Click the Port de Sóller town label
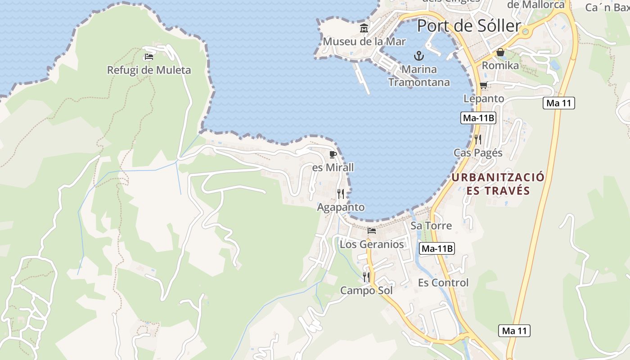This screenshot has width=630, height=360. coord(468,26)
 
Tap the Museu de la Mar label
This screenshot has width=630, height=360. coord(364,42)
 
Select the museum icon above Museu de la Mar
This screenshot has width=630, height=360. coord(364,29)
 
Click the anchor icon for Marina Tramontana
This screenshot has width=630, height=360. coord(419,56)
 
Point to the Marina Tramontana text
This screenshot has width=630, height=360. coord(419,76)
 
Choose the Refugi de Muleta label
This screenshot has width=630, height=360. coord(149,70)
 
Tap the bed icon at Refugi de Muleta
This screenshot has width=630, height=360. coord(149,57)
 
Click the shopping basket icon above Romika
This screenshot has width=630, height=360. coord(500,53)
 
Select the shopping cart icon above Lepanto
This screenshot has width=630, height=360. coord(484,85)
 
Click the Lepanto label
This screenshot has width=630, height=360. coord(484,99)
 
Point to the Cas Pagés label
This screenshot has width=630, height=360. coord(478,153)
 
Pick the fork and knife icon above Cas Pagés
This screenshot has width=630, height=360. coord(478,139)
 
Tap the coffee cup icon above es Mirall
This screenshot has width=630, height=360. coord(333,155)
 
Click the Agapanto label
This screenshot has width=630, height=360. coord(341,207)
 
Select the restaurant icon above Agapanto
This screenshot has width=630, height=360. coord(341,194)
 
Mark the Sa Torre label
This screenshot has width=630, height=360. coord(431,225)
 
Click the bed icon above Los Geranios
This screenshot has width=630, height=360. coord(372,231)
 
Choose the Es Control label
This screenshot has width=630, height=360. coord(443,283)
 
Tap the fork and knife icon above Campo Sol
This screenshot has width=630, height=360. coord(366,277)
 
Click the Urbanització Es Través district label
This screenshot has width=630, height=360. coord(498,184)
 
